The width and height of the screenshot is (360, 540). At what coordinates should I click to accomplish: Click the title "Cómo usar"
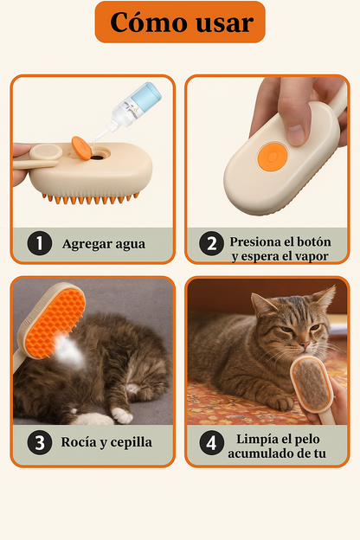(179, 22)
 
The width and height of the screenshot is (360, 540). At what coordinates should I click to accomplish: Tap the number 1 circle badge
(38, 243)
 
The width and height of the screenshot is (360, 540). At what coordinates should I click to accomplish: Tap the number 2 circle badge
(211, 243)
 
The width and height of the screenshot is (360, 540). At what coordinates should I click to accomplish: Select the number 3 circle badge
(38, 443)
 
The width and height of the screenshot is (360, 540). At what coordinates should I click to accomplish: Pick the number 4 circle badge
(211, 443)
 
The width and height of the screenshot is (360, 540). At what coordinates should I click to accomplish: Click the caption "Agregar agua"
(104, 243)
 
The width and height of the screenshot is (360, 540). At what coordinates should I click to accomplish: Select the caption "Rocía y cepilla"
(106, 443)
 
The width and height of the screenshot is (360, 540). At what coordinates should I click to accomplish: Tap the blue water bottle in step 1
(139, 101)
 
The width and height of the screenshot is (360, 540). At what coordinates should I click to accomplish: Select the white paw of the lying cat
(123, 415)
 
